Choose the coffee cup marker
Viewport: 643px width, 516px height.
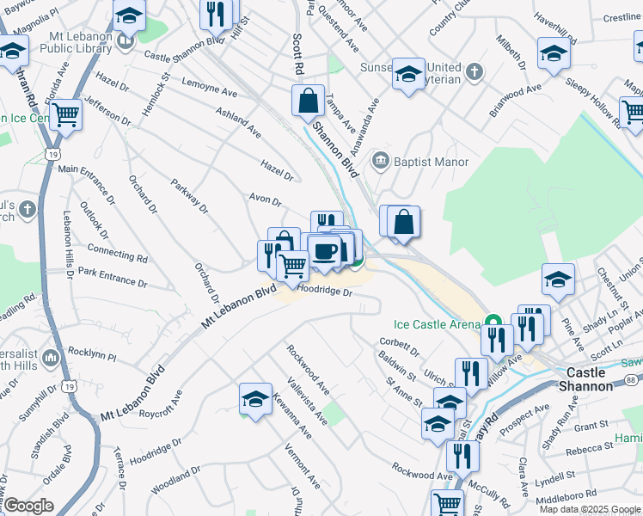[324, 251]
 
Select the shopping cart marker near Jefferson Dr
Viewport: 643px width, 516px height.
[65, 114]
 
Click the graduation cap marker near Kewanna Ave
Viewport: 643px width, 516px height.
[254, 399]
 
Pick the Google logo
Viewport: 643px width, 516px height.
[28, 506]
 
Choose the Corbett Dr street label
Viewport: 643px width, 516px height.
[398, 347]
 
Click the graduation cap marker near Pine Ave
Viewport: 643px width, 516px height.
[558, 279]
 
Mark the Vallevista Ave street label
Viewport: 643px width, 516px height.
[307, 402]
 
